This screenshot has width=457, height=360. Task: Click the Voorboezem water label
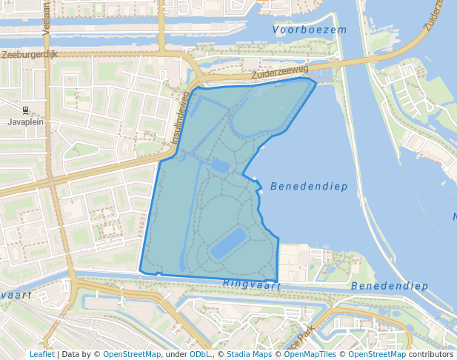(310, 30)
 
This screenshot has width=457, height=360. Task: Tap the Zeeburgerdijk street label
(29, 55)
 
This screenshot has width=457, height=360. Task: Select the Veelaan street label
(46, 14)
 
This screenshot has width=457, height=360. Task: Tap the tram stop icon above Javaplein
(25, 110)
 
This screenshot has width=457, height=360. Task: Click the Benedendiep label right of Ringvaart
(390, 286)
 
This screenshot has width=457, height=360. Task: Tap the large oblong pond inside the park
(227, 243)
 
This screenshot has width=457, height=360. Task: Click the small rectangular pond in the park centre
(220, 165)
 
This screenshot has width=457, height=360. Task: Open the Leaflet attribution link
(41, 354)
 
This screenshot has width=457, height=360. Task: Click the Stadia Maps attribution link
(249, 354)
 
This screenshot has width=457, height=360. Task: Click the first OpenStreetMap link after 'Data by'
(132, 354)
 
